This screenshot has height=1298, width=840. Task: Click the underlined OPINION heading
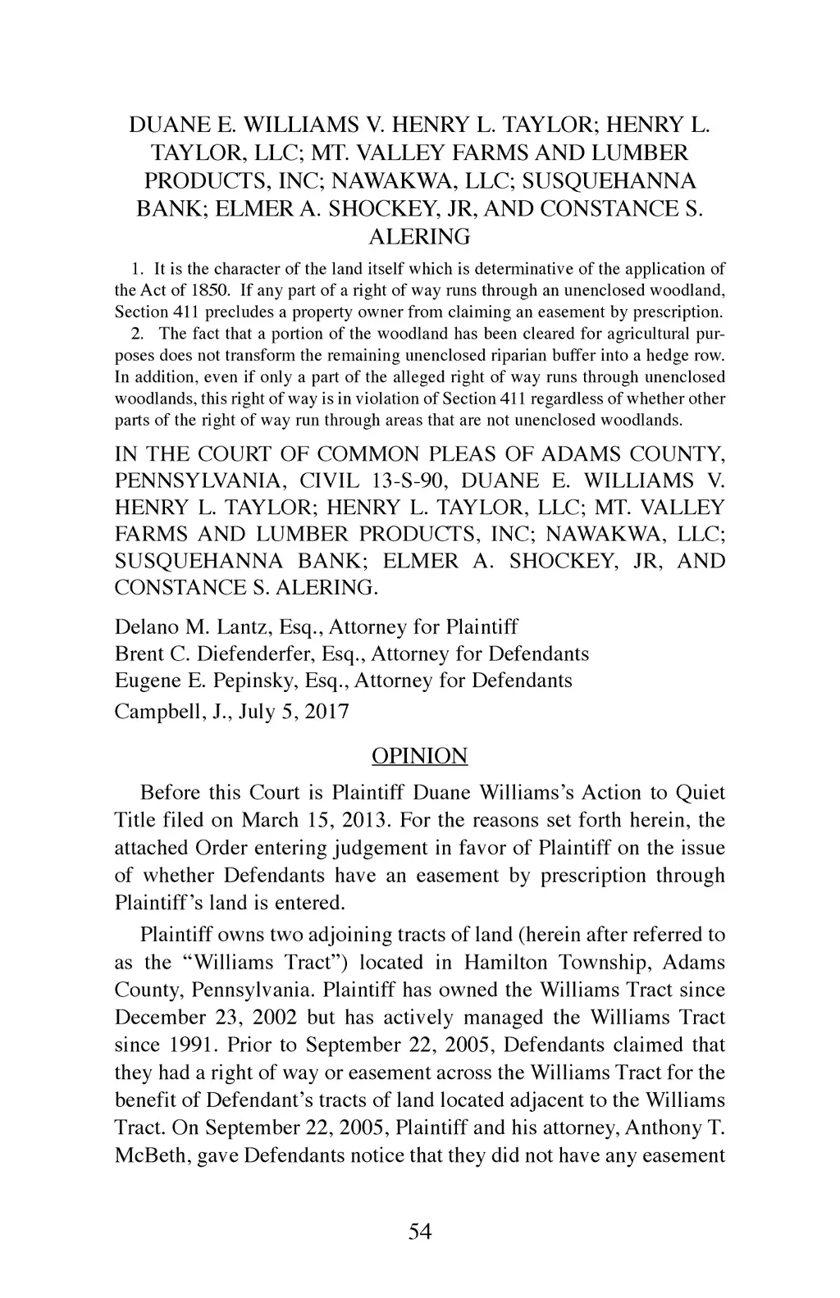419,756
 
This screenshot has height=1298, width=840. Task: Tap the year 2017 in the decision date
326,711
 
